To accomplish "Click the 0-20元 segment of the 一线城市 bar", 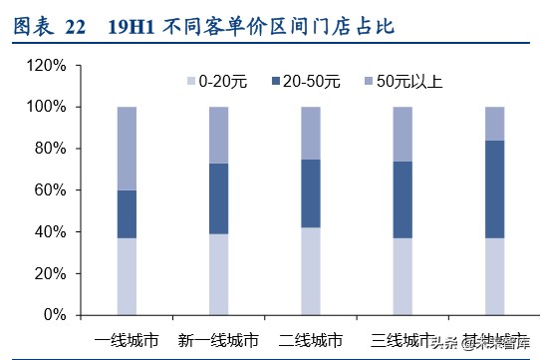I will click(x=127, y=276).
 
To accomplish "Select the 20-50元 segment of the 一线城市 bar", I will click(x=127, y=213).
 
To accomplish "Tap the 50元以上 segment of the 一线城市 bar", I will click(x=127, y=148).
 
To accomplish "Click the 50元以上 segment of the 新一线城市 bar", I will click(x=218, y=135).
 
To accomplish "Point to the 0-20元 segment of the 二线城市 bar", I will click(x=311, y=270).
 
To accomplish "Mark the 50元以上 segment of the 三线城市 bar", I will click(x=403, y=134).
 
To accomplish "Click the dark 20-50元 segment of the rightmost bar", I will click(x=494, y=188).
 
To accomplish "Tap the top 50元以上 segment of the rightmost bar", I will click(x=494, y=123).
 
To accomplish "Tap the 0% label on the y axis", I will click(x=55, y=315).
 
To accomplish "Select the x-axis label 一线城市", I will click(x=128, y=338).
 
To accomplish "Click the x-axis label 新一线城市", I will click(x=218, y=338).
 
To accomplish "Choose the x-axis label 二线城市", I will click(x=311, y=338).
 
